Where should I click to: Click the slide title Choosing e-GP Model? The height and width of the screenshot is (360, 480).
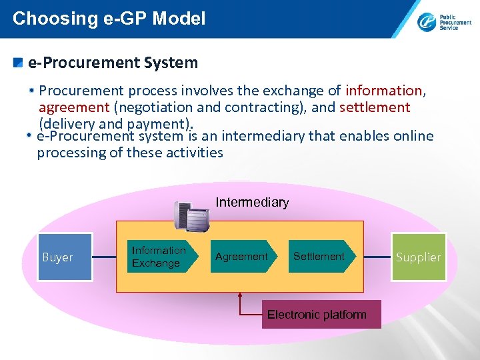tap(109, 19)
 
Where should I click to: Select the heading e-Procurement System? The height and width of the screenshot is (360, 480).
tap(113, 63)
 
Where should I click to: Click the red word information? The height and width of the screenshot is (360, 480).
tap(384, 90)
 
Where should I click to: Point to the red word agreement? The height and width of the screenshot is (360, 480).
tap(74, 107)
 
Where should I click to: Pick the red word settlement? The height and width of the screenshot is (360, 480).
tap(375, 107)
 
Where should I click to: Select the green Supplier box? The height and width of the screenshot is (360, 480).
tap(419, 257)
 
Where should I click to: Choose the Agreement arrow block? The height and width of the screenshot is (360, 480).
tap(242, 257)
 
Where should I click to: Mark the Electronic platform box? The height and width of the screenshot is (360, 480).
tap(317, 315)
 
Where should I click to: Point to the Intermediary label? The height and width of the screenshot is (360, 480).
tap(252, 202)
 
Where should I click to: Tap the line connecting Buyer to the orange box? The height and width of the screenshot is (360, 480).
tap(104, 257)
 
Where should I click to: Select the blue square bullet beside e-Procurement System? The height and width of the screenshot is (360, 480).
tap(19, 63)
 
